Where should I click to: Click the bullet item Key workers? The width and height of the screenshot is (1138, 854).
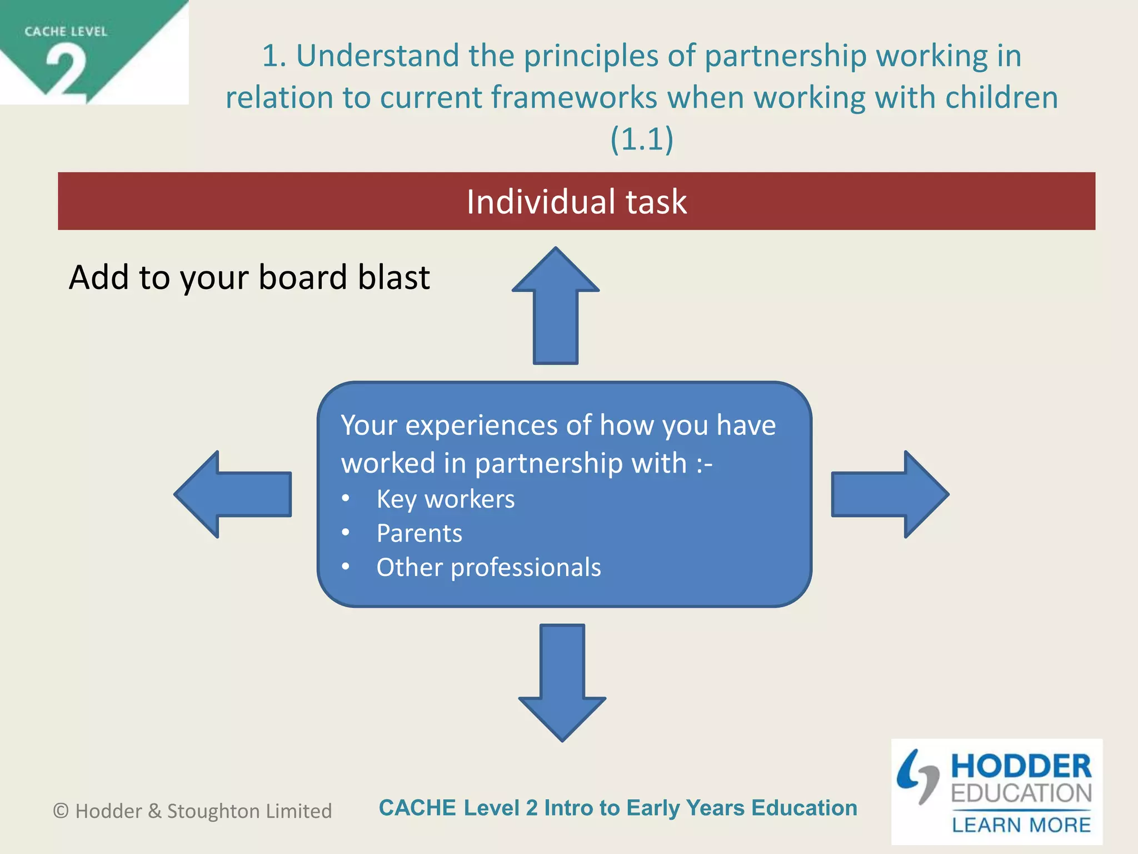click(x=445, y=499)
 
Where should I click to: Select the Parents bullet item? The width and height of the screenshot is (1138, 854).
click(x=419, y=533)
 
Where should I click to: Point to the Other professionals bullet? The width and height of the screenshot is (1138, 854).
click(x=488, y=567)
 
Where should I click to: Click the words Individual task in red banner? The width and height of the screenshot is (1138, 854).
click(x=576, y=201)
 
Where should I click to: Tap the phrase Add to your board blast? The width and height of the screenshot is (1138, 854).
click(x=249, y=277)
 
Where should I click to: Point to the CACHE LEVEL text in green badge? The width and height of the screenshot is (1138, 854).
click(x=66, y=32)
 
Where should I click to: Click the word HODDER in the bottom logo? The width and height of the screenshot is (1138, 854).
click(x=1021, y=766)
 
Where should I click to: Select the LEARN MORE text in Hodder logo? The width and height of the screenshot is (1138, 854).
click(x=1021, y=825)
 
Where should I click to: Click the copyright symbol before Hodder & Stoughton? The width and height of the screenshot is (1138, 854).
click(x=61, y=811)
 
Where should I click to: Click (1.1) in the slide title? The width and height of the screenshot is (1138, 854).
click(x=642, y=138)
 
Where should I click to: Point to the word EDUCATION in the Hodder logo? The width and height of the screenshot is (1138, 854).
click(x=1021, y=793)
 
